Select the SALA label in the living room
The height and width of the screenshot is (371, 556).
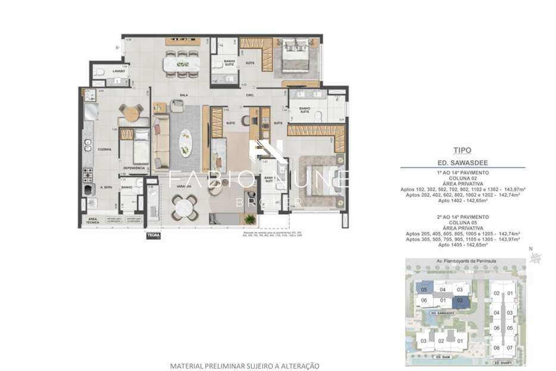pyautogui.click(x=185, y=95)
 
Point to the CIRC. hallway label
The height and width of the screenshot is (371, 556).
pyautogui.click(x=251, y=95)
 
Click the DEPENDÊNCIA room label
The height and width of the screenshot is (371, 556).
pyautogui.click(x=134, y=168)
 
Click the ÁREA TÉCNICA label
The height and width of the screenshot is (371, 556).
pyautogui.click(x=92, y=220)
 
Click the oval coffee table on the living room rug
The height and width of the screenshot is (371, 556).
pyautogui.click(x=186, y=142)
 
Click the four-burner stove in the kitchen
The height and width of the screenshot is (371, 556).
pyautogui.click(x=88, y=174)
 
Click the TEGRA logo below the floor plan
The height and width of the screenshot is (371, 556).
pyautogui.click(x=153, y=235)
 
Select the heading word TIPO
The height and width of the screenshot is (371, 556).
pyautogui.click(x=463, y=151)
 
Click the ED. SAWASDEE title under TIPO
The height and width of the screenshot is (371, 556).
pyautogui.click(x=462, y=162)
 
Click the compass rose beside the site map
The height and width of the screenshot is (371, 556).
pyautogui.click(x=536, y=258)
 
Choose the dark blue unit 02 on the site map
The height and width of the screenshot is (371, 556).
pyautogui.click(x=460, y=301)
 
